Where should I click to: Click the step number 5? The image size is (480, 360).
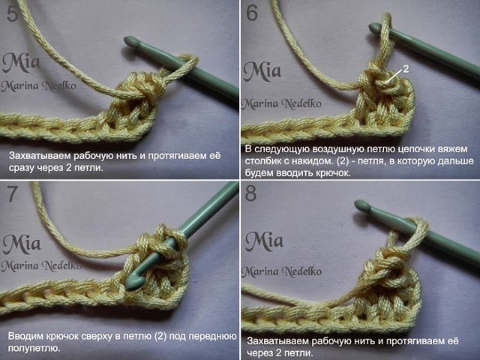[x=13, y=14]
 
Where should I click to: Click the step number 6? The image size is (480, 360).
[x=252, y=13]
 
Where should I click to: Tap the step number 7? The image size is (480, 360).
[x=12, y=193]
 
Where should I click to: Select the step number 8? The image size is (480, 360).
[x=250, y=193]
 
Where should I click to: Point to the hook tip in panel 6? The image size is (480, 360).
[x=374, y=28]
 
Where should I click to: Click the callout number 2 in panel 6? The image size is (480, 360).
[x=406, y=69]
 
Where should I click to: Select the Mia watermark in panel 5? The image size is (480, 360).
[x=21, y=63]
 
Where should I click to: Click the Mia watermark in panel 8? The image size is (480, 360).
[x=264, y=241]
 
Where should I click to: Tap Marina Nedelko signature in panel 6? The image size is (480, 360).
[x=282, y=104]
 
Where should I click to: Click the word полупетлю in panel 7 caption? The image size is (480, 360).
[x=34, y=348]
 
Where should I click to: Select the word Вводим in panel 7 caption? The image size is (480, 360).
[x=25, y=336]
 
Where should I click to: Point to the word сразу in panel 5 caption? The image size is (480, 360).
[x=20, y=168]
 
